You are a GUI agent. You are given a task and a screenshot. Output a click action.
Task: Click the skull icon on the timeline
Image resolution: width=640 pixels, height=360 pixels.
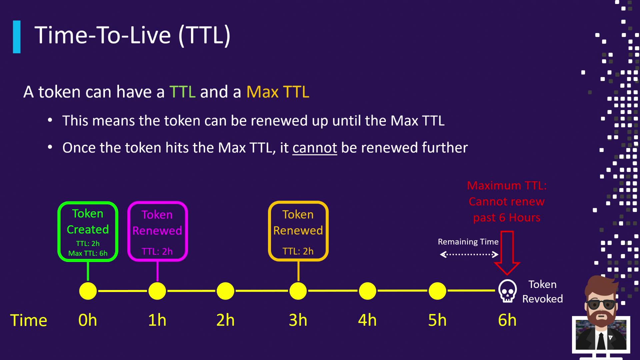[507, 291]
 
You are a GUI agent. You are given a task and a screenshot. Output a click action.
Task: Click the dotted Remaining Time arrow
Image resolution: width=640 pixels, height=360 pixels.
[469, 255]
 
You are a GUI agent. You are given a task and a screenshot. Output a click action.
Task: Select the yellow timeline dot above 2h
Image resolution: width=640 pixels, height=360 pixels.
[225, 291]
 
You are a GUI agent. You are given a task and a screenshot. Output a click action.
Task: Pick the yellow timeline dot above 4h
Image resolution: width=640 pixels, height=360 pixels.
[367, 291]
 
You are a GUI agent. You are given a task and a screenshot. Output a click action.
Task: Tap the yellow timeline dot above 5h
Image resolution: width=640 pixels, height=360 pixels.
[437, 291]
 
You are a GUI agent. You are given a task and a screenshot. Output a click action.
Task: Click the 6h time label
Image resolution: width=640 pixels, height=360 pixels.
[507, 320]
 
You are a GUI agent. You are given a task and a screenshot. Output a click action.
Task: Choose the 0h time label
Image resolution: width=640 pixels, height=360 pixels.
[88, 320]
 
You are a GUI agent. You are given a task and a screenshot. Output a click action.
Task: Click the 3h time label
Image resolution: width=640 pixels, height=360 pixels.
[298, 320]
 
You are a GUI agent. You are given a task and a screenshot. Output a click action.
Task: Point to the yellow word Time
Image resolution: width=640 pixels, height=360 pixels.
[29, 320]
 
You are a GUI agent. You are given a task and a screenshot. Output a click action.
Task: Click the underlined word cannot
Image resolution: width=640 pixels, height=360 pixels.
[315, 148]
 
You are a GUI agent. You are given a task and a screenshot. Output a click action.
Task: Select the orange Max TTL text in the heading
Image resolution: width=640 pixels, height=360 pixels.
[278, 92]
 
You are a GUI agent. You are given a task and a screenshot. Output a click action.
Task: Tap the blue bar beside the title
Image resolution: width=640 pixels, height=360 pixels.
[17, 37]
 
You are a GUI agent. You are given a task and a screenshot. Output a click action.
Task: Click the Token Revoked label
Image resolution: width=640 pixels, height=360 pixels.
[542, 291]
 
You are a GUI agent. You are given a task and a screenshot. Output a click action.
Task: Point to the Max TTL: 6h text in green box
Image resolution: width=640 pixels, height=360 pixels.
[88, 253]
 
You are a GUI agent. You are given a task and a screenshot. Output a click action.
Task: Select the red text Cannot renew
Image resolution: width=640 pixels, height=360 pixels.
[507, 201]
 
